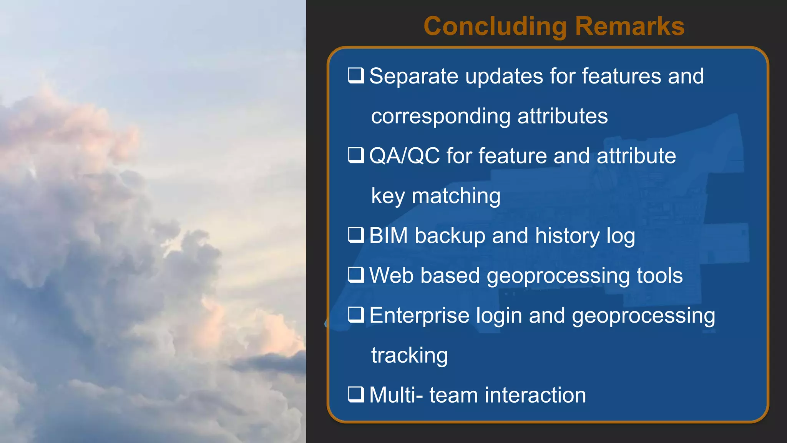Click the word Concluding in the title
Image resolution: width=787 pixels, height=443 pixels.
(x=495, y=27)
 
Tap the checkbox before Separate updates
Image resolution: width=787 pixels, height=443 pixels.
(x=356, y=75)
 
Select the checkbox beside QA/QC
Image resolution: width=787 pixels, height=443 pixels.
(x=356, y=155)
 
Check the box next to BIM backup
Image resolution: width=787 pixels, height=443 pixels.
(x=356, y=235)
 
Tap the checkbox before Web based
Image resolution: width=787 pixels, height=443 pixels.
(x=356, y=275)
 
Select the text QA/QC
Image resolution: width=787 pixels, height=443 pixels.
(x=404, y=156)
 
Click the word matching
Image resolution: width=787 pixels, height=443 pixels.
(x=456, y=197)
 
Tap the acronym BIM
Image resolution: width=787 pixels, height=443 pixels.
(x=388, y=236)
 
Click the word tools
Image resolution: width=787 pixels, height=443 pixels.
(x=659, y=276)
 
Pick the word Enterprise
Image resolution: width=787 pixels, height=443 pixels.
(x=419, y=316)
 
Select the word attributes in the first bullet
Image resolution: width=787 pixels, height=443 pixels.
(x=563, y=117)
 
